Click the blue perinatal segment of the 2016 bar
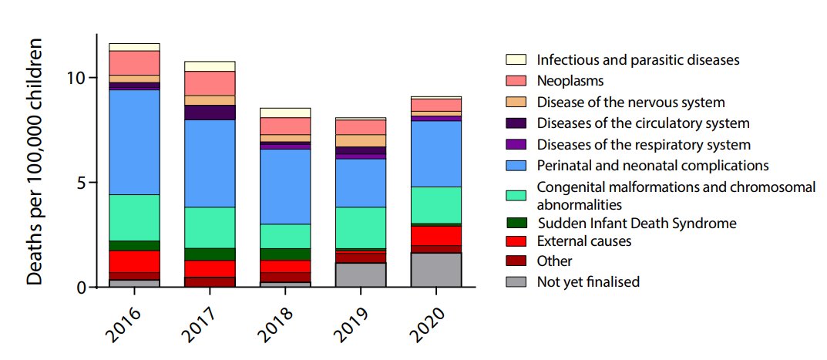135,143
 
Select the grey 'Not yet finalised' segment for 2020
436,270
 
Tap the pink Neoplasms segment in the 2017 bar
210,83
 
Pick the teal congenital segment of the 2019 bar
361,227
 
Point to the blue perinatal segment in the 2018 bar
285,187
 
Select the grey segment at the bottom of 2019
361,275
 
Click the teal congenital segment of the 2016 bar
135,217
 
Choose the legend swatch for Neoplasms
516,80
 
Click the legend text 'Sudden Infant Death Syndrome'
636,224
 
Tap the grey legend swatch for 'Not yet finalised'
516,282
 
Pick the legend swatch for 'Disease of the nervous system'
516,102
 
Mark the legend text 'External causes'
584,241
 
